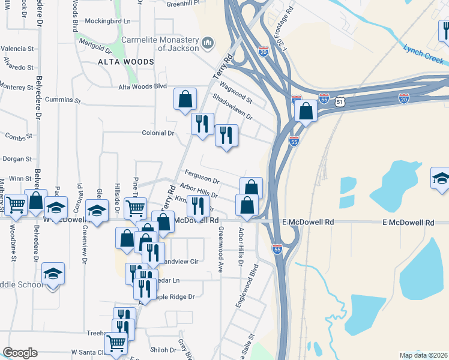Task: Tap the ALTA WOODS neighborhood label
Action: [126, 62]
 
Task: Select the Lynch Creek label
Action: [423, 54]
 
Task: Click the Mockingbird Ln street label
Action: [107, 21]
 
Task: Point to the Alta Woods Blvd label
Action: [142, 86]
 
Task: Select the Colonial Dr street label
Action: [158, 133]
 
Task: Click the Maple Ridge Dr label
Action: [175, 296]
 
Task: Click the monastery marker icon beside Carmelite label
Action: [208, 43]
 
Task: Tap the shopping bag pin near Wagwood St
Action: [185, 98]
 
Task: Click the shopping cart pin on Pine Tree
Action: [135, 208]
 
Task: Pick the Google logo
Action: [20, 353]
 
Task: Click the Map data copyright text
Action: [423, 355]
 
